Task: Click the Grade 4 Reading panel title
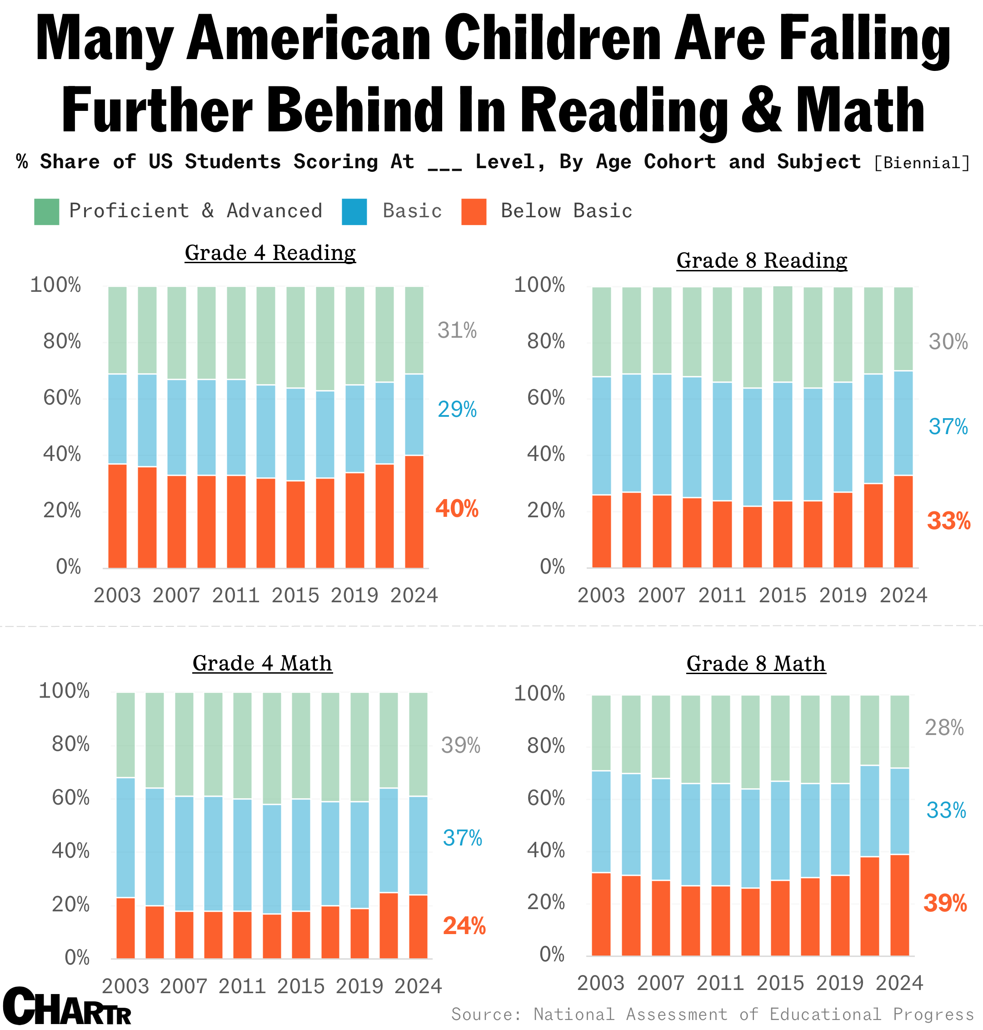pyautogui.click(x=270, y=253)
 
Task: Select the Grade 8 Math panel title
pyautogui.click(x=756, y=664)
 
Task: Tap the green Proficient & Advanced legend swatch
pyautogui.click(x=47, y=212)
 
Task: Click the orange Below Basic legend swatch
pyautogui.click(x=474, y=212)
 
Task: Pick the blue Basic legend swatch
pyautogui.click(x=354, y=212)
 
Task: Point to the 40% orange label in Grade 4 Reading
pyautogui.click(x=457, y=509)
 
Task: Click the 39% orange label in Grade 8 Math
pyautogui.click(x=945, y=903)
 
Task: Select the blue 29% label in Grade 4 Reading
pyautogui.click(x=457, y=410)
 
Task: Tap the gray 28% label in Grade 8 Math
pyautogui.click(x=944, y=728)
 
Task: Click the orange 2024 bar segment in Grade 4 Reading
pyautogui.click(x=414, y=512)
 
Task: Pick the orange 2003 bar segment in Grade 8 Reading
pyautogui.click(x=602, y=531)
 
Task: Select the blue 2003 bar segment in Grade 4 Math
pyautogui.click(x=126, y=838)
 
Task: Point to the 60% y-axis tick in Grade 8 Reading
pyautogui.click(x=546, y=398)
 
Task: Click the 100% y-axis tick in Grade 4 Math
pyautogui.click(x=64, y=691)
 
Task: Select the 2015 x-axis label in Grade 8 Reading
pyautogui.click(x=782, y=595)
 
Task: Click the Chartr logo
pyautogui.click(x=67, y=1007)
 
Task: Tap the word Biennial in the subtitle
pyautogui.click(x=922, y=163)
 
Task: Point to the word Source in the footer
pyautogui.click(x=486, y=1014)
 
